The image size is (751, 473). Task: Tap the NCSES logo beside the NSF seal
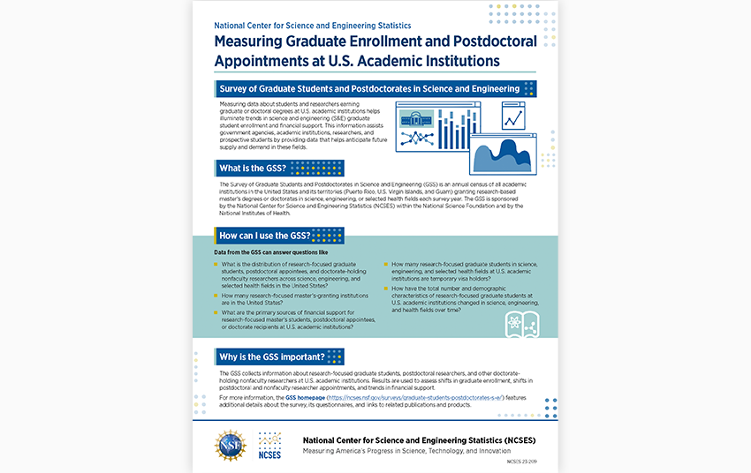[270, 445]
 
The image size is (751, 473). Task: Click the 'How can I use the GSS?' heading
[276, 236]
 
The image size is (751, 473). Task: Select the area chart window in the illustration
[500, 153]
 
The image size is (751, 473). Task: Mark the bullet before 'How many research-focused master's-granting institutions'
[217, 296]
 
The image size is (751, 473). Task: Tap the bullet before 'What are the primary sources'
[217, 313]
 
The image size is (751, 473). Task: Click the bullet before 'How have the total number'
[386, 289]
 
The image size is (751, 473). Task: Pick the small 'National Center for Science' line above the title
[313, 26]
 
